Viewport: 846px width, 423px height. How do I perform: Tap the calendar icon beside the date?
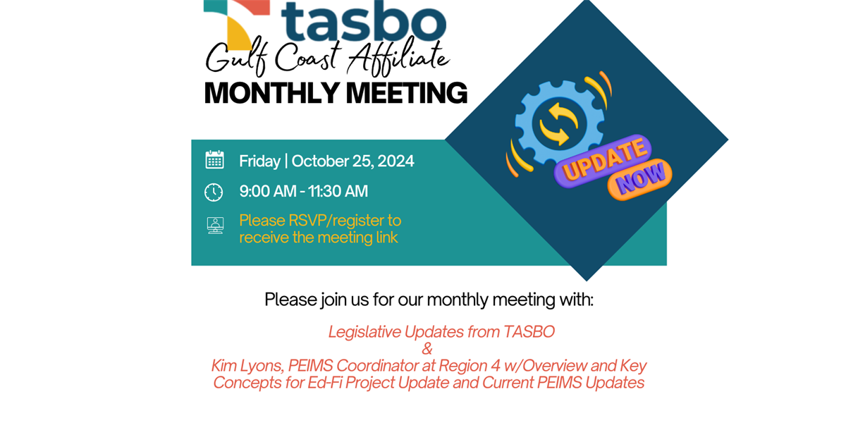(x=214, y=160)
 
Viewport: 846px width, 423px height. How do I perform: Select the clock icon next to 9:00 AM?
(x=214, y=192)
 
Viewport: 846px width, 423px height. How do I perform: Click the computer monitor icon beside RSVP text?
(x=214, y=226)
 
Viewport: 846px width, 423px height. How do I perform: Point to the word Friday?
(x=259, y=161)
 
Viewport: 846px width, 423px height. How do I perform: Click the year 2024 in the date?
(x=396, y=161)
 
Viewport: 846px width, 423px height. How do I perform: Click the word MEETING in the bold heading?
(x=408, y=93)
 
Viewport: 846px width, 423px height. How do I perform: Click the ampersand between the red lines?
(x=427, y=349)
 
